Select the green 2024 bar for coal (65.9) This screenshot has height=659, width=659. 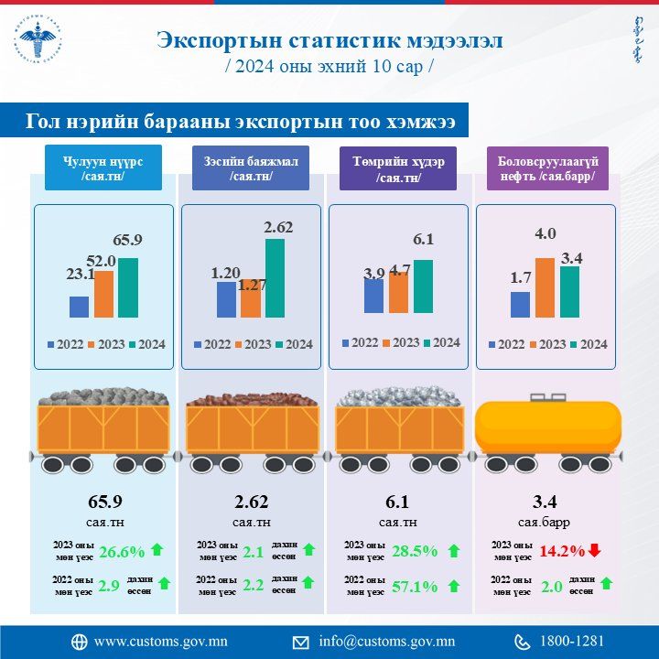click(x=128, y=287)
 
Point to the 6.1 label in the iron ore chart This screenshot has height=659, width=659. click(x=423, y=240)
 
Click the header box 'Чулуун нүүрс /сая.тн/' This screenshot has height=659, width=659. click(x=102, y=169)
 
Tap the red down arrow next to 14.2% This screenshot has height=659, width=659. click(x=594, y=550)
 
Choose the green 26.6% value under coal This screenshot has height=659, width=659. click(x=122, y=551)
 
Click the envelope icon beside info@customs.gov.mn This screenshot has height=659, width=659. click(x=300, y=641)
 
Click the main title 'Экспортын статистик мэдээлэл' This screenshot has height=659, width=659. click(x=329, y=41)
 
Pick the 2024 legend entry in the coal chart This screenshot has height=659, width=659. click(x=146, y=344)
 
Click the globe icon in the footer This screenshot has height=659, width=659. click(x=79, y=641)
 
